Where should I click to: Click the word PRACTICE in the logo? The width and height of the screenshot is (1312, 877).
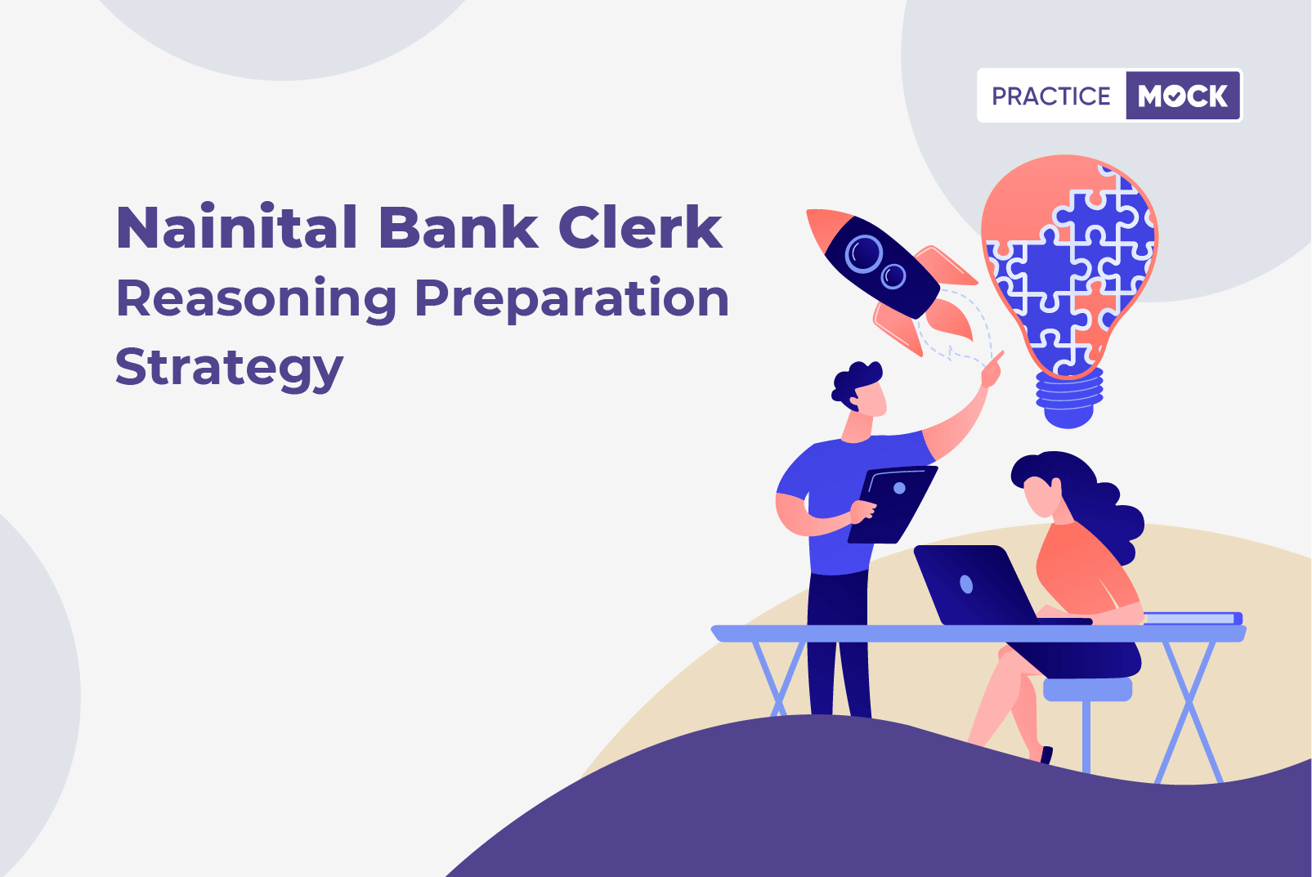coord(1051,96)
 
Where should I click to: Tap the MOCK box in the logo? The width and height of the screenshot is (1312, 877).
coord(1183,96)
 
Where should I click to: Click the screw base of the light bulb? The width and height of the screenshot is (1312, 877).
coord(1069,398)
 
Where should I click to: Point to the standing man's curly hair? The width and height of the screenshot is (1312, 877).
coord(855,383)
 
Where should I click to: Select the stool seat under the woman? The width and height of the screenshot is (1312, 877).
coord(1088,689)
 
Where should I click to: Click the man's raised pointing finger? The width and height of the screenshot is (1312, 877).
coord(996,359)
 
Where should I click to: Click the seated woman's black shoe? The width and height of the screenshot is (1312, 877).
coord(1046,754)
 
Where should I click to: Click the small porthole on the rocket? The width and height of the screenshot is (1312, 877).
coord(893,275)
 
